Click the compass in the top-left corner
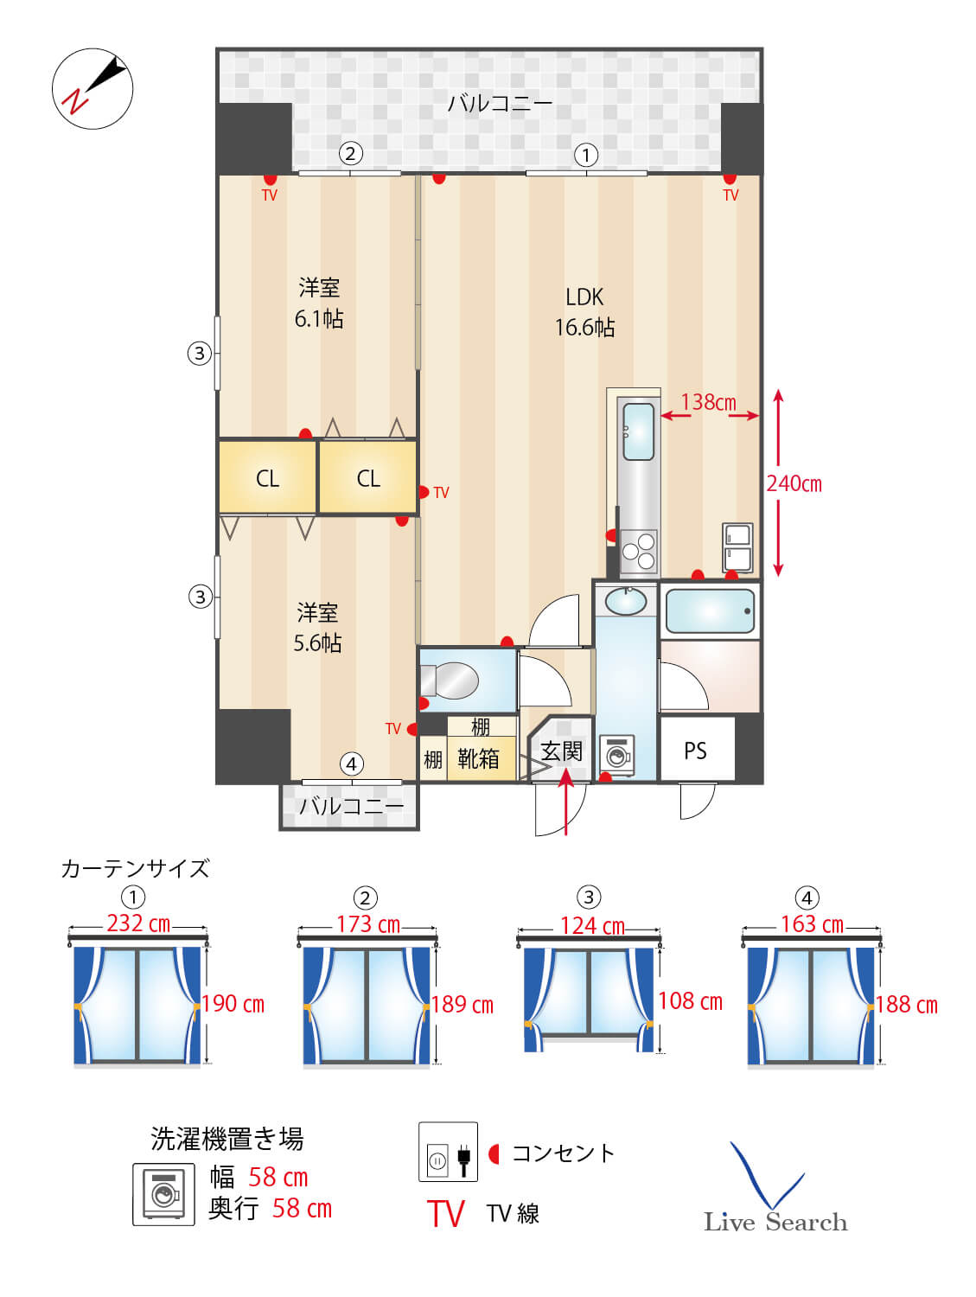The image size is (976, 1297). point(92,88)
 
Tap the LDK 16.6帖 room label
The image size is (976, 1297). point(584,312)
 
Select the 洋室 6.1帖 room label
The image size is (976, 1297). point(319,303)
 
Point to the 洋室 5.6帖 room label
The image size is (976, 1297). point(317,628)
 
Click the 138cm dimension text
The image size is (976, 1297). point(708,402)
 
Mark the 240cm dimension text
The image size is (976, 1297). point(794,483)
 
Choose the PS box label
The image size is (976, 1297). point(695,751)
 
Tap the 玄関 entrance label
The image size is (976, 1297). point(561,751)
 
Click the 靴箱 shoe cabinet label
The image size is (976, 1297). point(478,758)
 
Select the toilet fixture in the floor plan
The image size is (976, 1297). point(453,680)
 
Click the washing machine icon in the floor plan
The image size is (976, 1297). point(617,756)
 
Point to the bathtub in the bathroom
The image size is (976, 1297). point(710,611)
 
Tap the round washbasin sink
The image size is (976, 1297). point(626,600)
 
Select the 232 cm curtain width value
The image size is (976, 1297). point(138,923)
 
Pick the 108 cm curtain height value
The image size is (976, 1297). point(690,1001)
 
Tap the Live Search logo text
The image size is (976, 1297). point(775,1222)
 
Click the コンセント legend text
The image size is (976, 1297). point(563,1153)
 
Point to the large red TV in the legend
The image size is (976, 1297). point(446,1214)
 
